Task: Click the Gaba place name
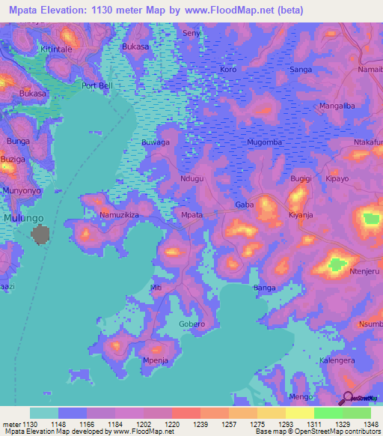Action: pyautogui.click(x=244, y=205)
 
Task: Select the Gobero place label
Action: pyautogui.click(x=192, y=324)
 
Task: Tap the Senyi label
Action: pyautogui.click(x=192, y=34)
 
